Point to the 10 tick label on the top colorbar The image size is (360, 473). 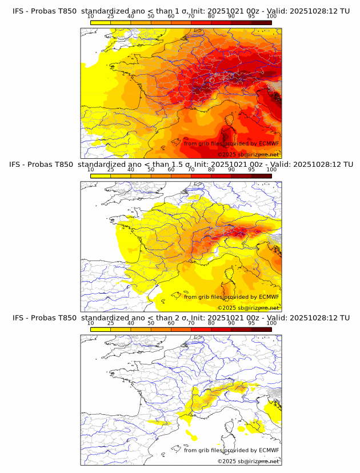point(91,16)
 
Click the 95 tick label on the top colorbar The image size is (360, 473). point(251,16)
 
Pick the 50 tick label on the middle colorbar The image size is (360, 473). point(151,170)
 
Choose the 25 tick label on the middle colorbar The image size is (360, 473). point(111,170)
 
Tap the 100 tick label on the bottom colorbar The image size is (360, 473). point(271,323)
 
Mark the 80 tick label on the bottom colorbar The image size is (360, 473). point(211,323)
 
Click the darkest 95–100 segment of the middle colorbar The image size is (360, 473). point(262,176)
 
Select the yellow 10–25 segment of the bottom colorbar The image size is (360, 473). point(101,329)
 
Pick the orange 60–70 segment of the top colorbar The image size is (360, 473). point(181,22)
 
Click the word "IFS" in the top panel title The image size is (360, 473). point(19,11)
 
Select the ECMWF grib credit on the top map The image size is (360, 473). point(231,143)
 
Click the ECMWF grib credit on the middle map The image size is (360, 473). point(231,296)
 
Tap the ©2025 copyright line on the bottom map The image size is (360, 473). point(249,461)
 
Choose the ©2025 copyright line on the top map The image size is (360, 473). point(249,155)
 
